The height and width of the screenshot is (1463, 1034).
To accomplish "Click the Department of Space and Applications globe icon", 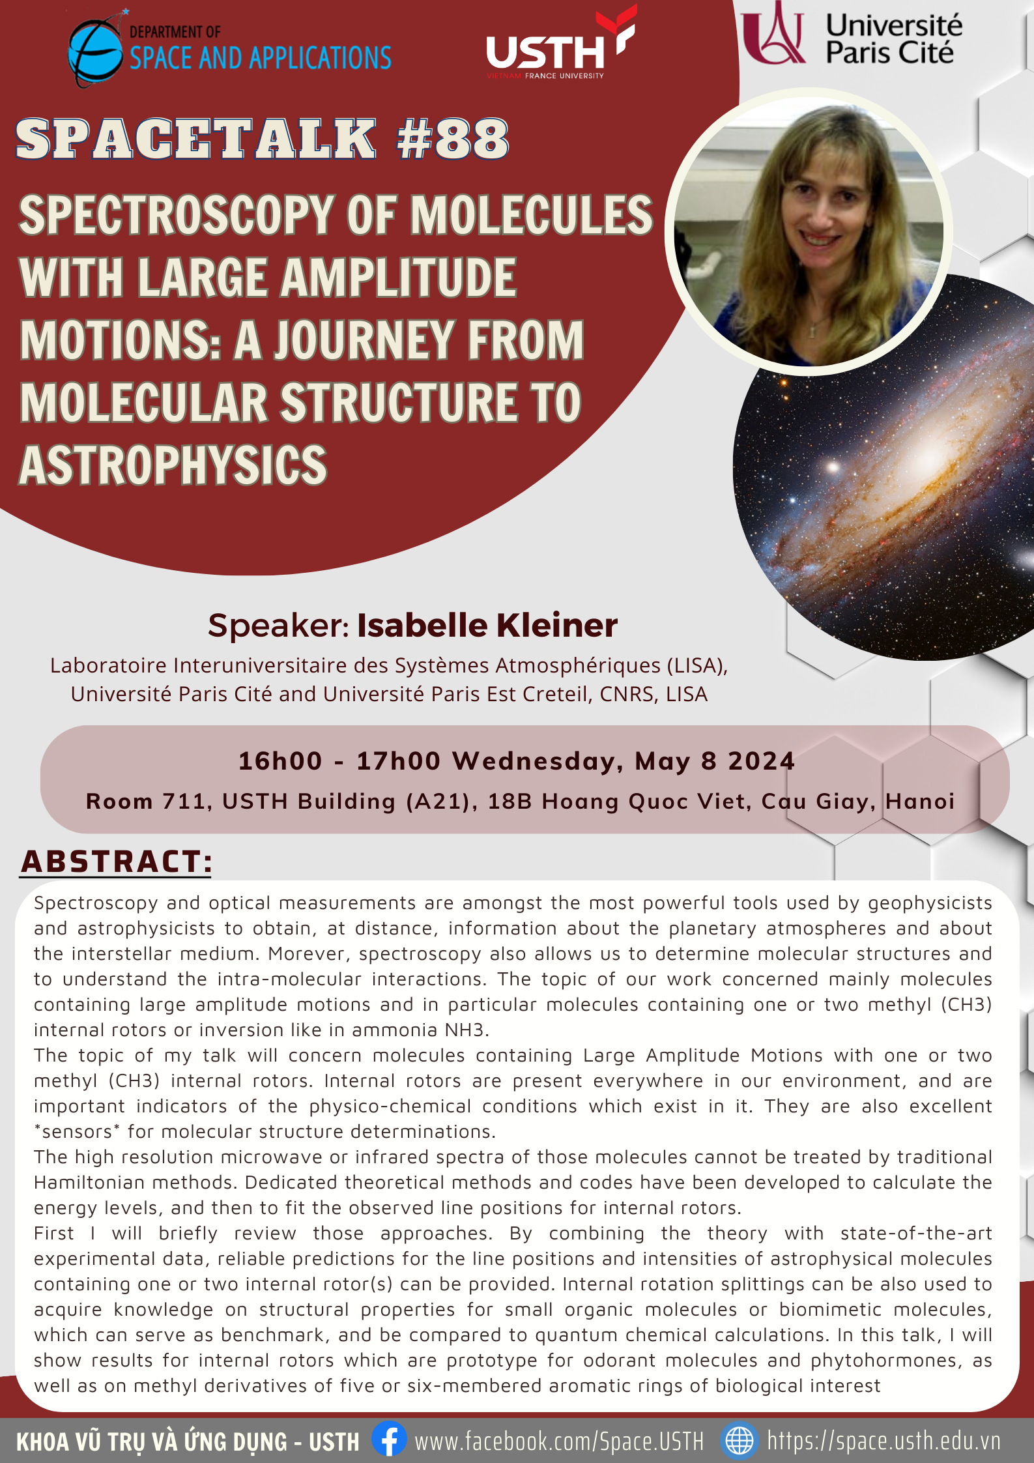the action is (95, 51).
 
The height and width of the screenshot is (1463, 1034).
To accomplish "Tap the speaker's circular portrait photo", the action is (809, 232).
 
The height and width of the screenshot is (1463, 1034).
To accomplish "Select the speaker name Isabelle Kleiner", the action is (487, 626).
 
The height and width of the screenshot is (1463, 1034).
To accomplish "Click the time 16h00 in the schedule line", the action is (280, 761).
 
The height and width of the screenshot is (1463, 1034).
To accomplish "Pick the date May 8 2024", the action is (715, 761).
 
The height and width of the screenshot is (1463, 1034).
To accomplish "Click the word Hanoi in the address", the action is (920, 801).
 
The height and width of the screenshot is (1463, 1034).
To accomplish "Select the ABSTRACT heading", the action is (116, 862).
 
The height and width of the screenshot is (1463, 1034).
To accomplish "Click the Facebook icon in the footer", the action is (389, 1439).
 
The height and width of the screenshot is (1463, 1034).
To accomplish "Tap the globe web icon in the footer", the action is (740, 1440).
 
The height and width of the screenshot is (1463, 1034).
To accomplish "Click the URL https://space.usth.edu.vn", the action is (884, 1440).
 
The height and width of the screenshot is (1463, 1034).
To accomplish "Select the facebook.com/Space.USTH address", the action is (559, 1441).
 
